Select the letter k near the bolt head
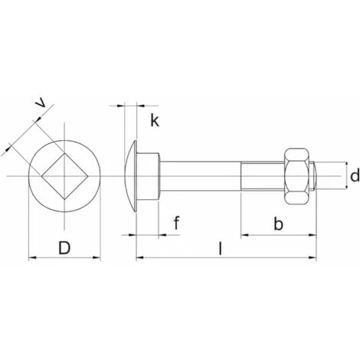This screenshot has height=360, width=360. (x=154, y=121)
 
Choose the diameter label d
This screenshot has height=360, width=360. (x=354, y=176)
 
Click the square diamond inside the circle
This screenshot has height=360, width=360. (x=65, y=178)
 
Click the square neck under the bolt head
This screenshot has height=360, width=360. (x=150, y=178)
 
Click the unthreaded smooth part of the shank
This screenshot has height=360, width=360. (x=201, y=178)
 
